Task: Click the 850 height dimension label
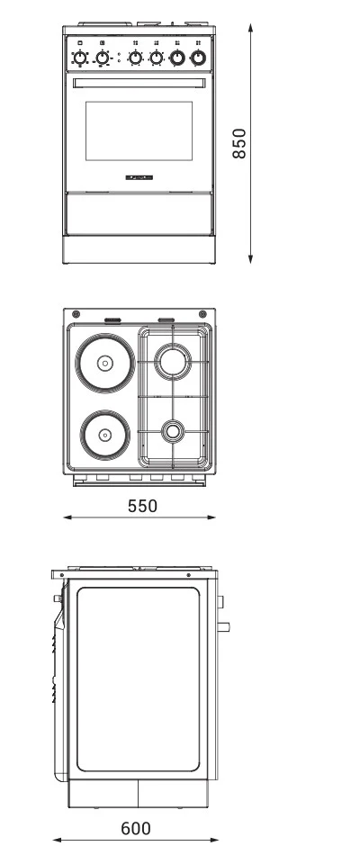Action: tap(239, 143)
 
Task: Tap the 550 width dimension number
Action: tap(142, 506)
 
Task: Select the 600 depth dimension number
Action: tap(135, 828)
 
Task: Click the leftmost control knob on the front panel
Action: tap(80, 58)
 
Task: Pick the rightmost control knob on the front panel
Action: tap(198, 58)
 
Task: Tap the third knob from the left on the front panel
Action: tap(135, 58)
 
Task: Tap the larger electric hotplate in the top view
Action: tap(104, 364)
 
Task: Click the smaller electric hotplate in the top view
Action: tap(104, 434)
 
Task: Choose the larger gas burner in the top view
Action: tap(171, 362)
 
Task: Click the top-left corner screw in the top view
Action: tap(76, 315)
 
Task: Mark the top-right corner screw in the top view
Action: tap(203, 315)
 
